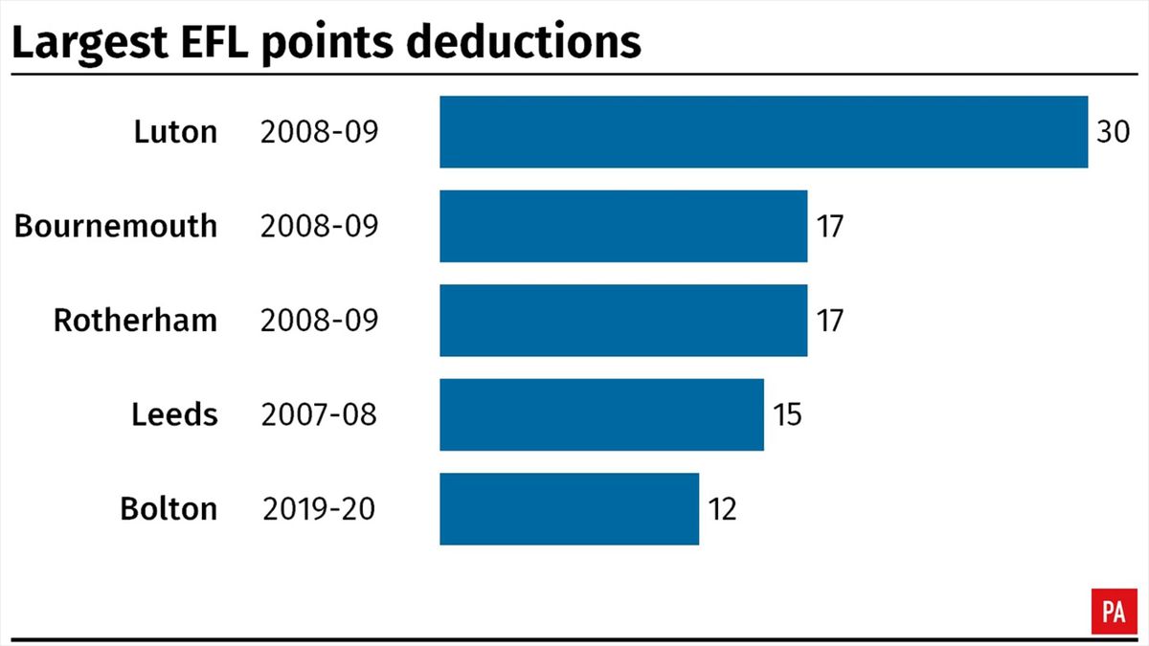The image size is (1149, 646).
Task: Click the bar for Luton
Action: pyautogui.click(x=763, y=132)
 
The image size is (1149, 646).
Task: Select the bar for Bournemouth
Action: pyautogui.click(x=623, y=226)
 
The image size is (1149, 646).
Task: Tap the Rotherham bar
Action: pyautogui.click(x=623, y=320)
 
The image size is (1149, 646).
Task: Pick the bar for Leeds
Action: pyautogui.click(x=601, y=413)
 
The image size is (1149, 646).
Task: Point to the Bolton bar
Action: pyautogui.click(x=569, y=508)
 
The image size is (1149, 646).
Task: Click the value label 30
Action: pyautogui.click(x=1114, y=132)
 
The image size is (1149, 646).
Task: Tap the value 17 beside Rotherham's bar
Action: pyautogui.click(x=830, y=320)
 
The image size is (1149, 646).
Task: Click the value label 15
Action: pyautogui.click(x=787, y=413)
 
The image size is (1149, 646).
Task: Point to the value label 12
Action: pyautogui.click(x=722, y=508)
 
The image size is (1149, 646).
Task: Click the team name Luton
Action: pyautogui.click(x=175, y=132)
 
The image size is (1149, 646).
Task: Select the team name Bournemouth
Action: pyautogui.click(x=116, y=226)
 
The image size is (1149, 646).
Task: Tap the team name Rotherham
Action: pyautogui.click(x=135, y=320)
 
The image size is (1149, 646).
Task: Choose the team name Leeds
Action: pyautogui.click(x=174, y=414)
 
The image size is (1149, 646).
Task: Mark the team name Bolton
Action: pyautogui.click(x=169, y=508)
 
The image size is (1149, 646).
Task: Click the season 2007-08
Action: pyautogui.click(x=318, y=414)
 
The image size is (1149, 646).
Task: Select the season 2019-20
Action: pyautogui.click(x=318, y=508)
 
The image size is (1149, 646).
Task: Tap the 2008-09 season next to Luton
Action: pyautogui.click(x=318, y=132)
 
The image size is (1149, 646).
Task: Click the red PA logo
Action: pyautogui.click(x=1113, y=611)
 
